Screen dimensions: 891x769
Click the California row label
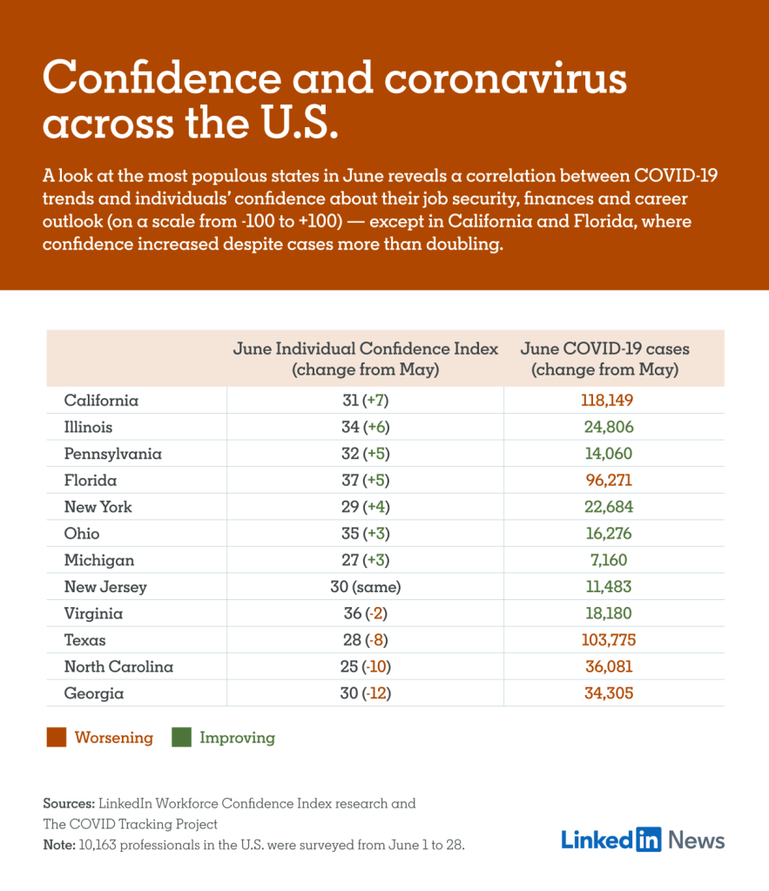click(x=101, y=401)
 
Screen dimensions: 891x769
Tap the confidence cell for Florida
click(x=365, y=480)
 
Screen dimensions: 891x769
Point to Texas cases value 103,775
click(x=609, y=640)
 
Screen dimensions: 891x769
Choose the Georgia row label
click(x=94, y=693)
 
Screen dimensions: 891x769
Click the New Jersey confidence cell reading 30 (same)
click(x=365, y=587)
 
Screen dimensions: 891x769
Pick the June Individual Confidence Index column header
click(x=365, y=359)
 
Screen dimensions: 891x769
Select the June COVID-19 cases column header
click(x=605, y=359)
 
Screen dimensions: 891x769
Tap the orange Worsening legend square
click(x=56, y=738)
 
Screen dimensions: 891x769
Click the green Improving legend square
click(x=181, y=738)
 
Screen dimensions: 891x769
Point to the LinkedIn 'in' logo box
click(x=649, y=840)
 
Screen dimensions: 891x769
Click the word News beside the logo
click(x=697, y=840)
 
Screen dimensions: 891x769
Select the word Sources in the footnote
click(x=69, y=803)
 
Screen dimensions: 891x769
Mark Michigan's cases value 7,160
click(x=609, y=560)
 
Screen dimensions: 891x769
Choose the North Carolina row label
click(x=118, y=667)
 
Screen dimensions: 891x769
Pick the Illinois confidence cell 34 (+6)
click(x=365, y=427)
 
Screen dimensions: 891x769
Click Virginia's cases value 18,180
click(x=609, y=613)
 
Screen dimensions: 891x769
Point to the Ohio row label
click(x=82, y=533)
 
